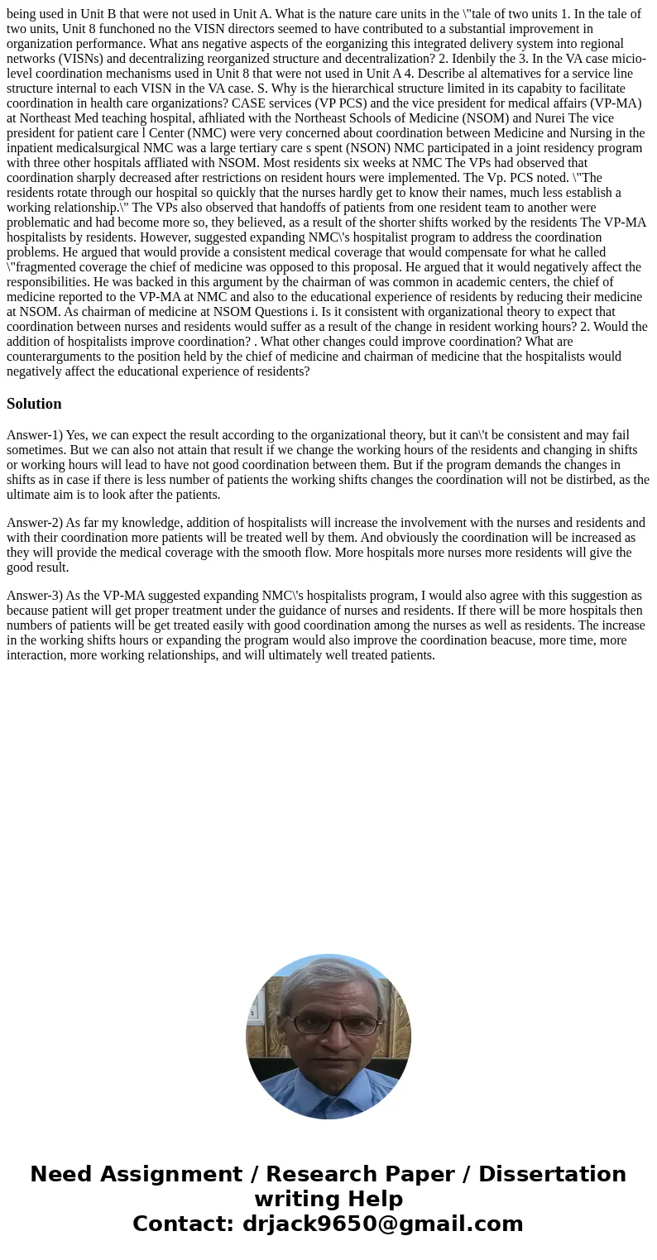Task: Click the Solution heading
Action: [x=34, y=404]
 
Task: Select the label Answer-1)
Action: [x=35, y=435]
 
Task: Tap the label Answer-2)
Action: [x=35, y=523]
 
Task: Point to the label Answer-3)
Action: [x=35, y=596]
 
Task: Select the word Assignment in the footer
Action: [x=172, y=1175]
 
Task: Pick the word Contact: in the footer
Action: [x=184, y=1224]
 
